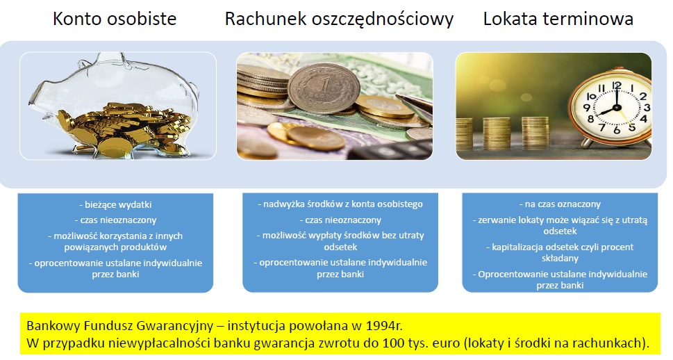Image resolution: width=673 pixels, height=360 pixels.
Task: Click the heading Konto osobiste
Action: click(x=115, y=19)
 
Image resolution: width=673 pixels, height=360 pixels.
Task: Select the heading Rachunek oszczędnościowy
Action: click(x=339, y=19)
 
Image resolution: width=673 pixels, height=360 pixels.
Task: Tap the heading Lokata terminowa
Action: click(x=558, y=19)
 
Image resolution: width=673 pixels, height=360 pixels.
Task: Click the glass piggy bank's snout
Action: click(x=36, y=101)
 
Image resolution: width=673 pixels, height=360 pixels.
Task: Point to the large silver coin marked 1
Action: click(x=324, y=88)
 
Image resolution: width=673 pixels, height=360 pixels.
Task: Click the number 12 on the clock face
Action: click(x=617, y=85)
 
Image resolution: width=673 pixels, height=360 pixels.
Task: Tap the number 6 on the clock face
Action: click(x=617, y=129)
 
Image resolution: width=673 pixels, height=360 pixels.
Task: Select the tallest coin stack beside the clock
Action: click(x=535, y=133)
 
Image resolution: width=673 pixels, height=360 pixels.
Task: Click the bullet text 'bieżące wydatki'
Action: click(x=115, y=205)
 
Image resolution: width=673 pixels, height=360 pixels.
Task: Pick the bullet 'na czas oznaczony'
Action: click(x=560, y=204)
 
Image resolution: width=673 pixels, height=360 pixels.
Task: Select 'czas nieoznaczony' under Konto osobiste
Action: click(x=115, y=220)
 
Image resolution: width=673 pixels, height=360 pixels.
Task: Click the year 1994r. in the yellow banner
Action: click(x=384, y=326)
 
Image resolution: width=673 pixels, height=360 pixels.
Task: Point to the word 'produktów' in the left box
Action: click(x=145, y=247)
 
